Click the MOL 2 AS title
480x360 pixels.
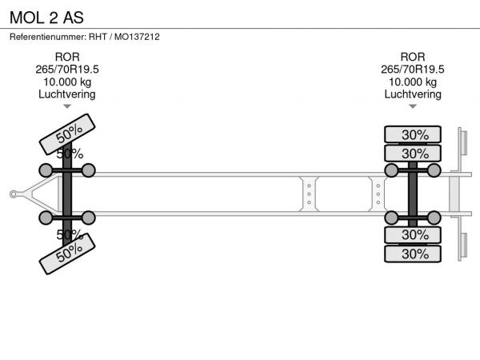click(x=46, y=18)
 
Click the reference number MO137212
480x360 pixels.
click(x=137, y=37)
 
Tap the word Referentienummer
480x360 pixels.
click(x=48, y=37)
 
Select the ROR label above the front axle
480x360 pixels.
click(x=67, y=57)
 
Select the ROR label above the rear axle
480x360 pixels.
click(x=413, y=57)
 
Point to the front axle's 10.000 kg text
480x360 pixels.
click(x=67, y=82)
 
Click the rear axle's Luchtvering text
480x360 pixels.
click(x=413, y=94)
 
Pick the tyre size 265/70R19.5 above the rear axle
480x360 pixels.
click(x=413, y=70)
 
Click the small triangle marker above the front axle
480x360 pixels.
click(x=67, y=106)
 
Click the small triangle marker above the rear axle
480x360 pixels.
click(x=413, y=106)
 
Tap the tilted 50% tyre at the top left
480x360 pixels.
click(x=67, y=134)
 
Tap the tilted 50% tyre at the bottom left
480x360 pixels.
click(x=67, y=254)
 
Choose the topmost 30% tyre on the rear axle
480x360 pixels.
click(x=413, y=134)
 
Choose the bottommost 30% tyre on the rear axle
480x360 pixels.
click(x=413, y=254)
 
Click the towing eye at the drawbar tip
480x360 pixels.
click(x=14, y=194)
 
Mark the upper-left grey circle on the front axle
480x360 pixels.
click(x=46, y=170)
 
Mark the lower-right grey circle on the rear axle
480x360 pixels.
click(x=434, y=218)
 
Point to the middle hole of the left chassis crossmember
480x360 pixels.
click(x=309, y=194)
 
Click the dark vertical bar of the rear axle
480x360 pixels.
click(x=413, y=194)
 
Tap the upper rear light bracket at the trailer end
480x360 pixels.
click(x=463, y=142)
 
